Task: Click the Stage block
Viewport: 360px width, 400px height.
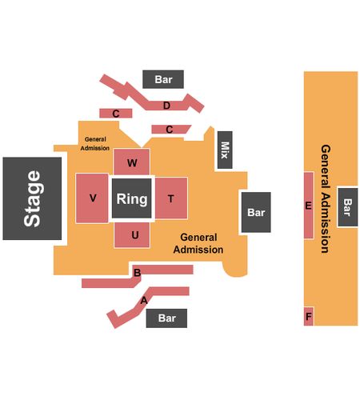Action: pyautogui.click(x=32, y=198)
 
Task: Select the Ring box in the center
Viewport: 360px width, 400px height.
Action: pyautogui.click(x=131, y=198)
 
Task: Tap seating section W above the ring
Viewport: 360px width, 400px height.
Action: pyautogui.click(x=131, y=162)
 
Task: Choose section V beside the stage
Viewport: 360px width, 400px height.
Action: pyautogui.click(x=92, y=198)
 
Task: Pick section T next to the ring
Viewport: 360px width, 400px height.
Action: pyautogui.click(x=171, y=198)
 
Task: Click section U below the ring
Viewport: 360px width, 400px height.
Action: pyautogui.click(x=132, y=235)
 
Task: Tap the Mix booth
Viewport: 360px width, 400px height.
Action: pyautogui.click(x=225, y=150)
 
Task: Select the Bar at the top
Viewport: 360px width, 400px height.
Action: pyautogui.click(x=163, y=79)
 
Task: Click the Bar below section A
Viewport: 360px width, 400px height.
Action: pyautogui.click(x=166, y=318)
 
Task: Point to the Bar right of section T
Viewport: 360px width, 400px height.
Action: pyautogui.click(x=256, y=212)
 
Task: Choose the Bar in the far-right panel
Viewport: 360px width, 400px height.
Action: pyautogui.click(x=348, y=207)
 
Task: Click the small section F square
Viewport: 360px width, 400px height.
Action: pyautogui.click(x=309, y=316)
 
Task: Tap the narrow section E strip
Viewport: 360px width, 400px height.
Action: pyautogui.click(x=309, y=206)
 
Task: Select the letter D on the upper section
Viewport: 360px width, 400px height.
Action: pyautogui.click(x=166, y=106)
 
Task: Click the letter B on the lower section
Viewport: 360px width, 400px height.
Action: pyautogui.click(x=137, y=273)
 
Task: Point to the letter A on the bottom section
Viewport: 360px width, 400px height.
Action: pyautogui.click(x=144, y=301)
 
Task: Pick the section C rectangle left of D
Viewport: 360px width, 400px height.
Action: pyautogui.click(x=116, y=114)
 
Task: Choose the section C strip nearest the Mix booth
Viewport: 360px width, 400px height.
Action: pyautogui.click(x=170, y=130)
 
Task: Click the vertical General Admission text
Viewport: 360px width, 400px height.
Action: pyautogui.click(x=326, y=199)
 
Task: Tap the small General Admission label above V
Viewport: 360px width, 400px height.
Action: pyautogui.click(x=95, y=143)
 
